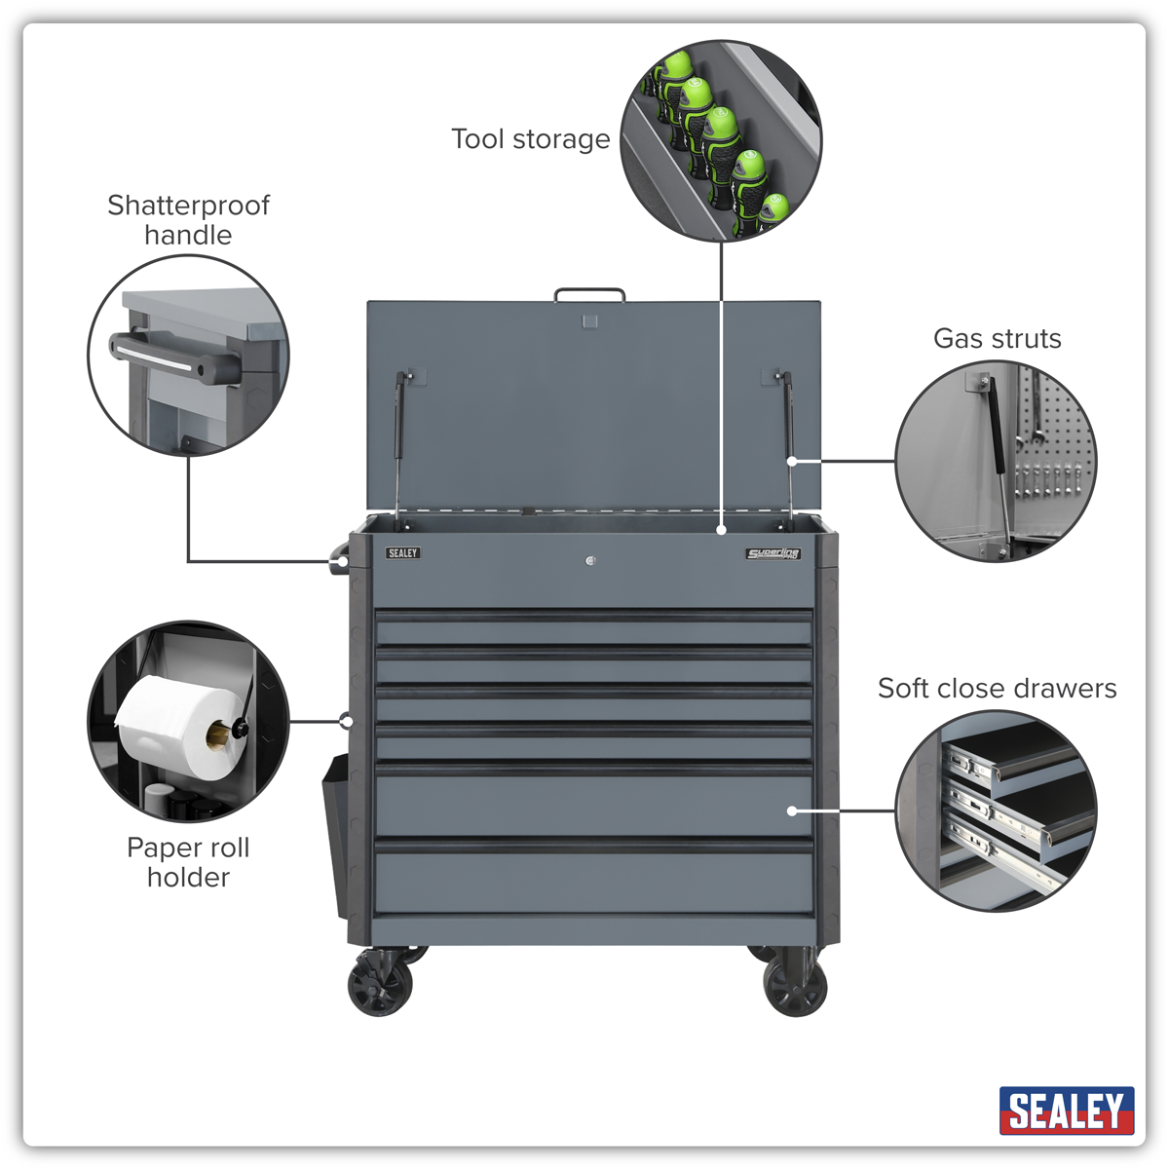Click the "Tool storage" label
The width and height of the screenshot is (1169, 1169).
point(530,139)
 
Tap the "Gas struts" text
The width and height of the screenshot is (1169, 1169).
point(997,339)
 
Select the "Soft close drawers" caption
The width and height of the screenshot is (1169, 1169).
point(997,689)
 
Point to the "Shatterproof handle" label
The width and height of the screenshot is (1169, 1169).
point(188,220)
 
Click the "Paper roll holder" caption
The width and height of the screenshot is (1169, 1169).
point(188,862)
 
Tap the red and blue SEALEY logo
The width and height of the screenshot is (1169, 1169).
point(1066,1111)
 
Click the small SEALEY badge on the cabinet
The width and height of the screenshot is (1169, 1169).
point(402,553)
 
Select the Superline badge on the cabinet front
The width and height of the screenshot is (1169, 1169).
point(773,554)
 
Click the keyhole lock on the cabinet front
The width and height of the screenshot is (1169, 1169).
point(590,560)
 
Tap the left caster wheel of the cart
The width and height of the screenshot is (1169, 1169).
point(380,984)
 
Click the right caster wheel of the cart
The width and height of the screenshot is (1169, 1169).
point(795,984)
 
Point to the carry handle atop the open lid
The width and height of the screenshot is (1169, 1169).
point(589,294)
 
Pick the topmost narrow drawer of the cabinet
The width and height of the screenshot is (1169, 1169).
point(594,627)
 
